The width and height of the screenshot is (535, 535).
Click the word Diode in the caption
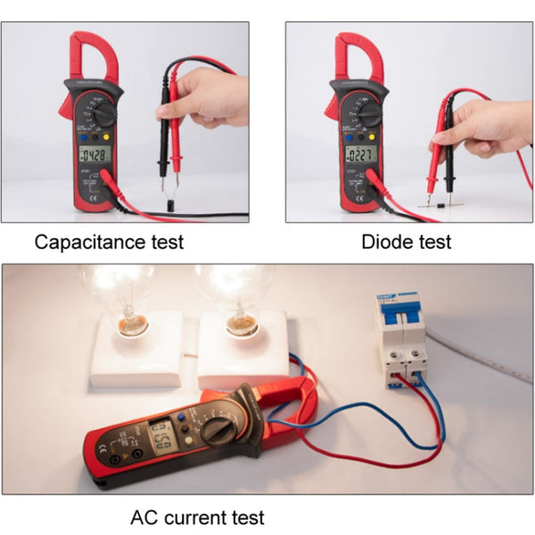click(383, 241)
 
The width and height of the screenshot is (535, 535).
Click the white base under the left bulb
click(134, 352)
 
